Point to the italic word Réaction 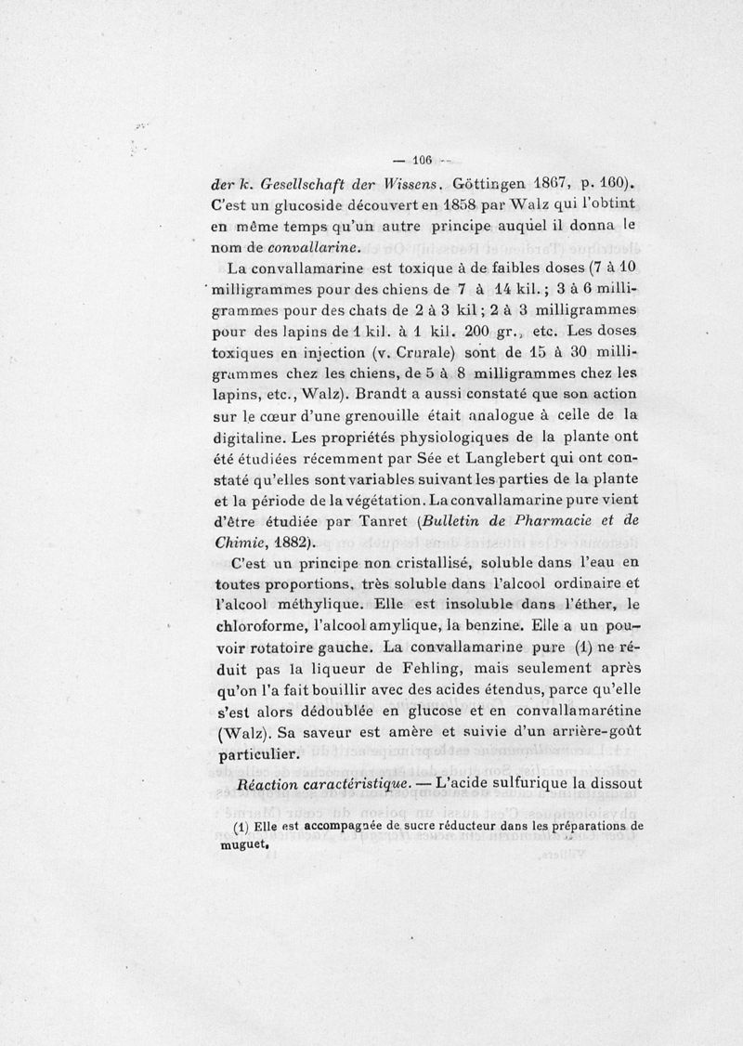tap(269, 786)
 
